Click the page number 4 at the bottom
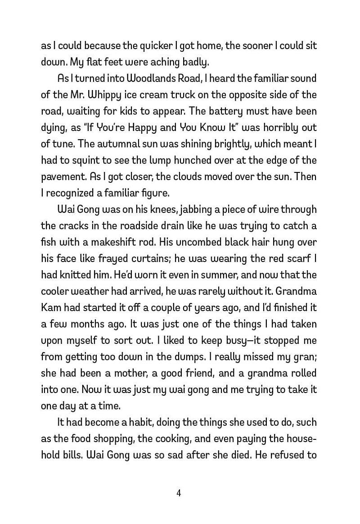179,493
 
